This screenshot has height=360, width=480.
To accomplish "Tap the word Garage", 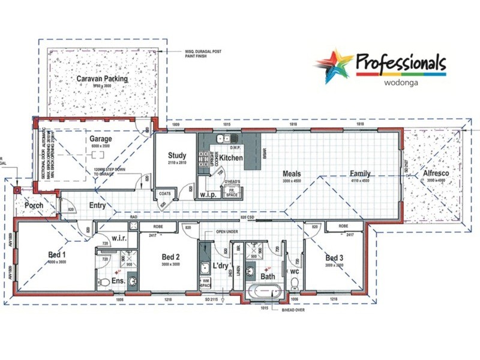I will pos(101,139).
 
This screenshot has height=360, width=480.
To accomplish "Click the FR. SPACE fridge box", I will pos(230,193).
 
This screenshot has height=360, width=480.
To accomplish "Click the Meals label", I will pos(292,174).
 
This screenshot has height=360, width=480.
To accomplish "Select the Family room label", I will pos(360,174).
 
